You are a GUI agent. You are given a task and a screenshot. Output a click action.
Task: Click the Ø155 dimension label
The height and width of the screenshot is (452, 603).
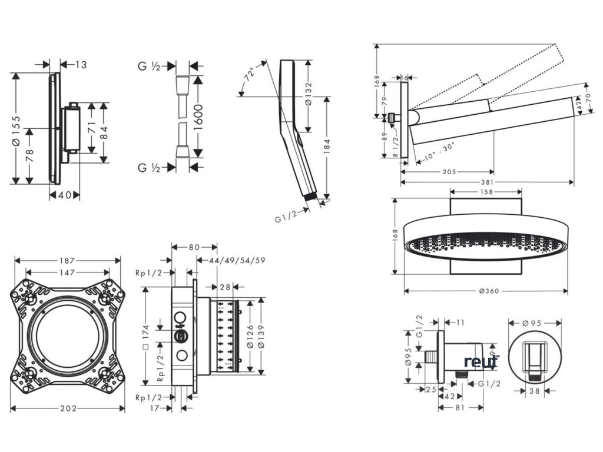18,127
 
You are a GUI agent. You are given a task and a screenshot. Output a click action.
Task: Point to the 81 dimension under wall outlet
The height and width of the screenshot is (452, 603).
461,407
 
